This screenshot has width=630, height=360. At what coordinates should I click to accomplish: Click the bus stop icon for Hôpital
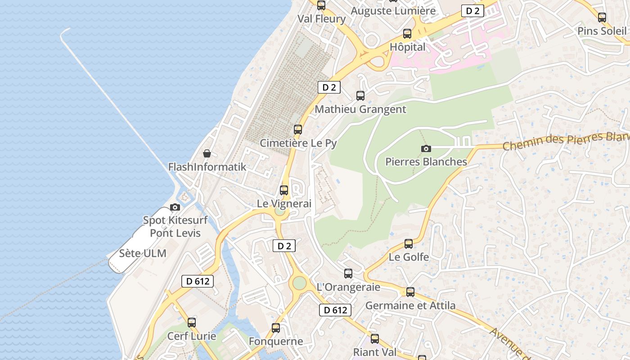click(407, 34)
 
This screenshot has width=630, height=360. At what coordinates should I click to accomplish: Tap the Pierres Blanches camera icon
click(426, 148)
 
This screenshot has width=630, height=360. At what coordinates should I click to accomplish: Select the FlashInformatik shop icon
click(207, 154)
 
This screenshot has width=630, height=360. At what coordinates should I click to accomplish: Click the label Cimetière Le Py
click(298, 143)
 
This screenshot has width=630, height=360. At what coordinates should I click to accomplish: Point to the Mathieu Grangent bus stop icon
click(360, 96)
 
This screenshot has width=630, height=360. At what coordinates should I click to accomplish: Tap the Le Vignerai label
click(284, 203)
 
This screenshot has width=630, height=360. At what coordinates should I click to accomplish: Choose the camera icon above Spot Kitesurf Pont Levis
click(175, 207)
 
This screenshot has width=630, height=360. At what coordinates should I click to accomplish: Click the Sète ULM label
click(143, 253)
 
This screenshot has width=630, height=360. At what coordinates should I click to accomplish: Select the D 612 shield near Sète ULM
click(198, 281)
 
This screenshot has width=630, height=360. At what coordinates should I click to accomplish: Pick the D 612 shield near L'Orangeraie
click(335, 310)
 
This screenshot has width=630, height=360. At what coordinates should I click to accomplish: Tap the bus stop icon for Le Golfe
click(409, 244)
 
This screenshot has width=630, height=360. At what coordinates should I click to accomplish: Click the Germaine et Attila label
click(410, 306)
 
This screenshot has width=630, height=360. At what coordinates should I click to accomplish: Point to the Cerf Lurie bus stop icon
click(192, 323)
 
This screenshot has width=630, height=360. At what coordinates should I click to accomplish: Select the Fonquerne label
click(276, 342)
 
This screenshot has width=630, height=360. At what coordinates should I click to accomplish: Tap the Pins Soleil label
click(602, 31)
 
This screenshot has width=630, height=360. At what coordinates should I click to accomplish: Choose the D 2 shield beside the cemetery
click(329, 87)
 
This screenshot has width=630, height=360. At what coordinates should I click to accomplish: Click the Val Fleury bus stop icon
click(321, 6)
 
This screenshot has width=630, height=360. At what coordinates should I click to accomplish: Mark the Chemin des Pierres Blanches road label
click(565, 141)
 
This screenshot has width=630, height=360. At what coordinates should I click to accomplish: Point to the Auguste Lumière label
click(393, 11)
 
